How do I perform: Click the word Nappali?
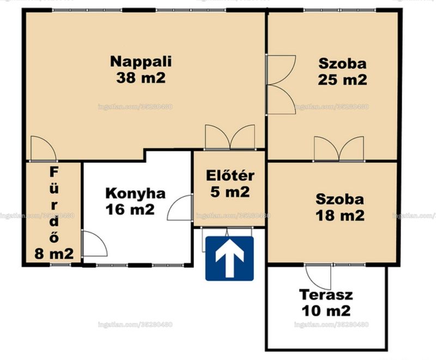coord(141,62)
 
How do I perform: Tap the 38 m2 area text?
coord(141,78)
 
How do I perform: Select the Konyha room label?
coord(135,193)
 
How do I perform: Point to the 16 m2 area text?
coord(130,209)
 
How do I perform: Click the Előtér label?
coord(230,175)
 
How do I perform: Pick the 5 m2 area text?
coord(230,192)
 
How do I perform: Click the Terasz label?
coord(326,295)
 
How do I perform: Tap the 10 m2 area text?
coord(326,311)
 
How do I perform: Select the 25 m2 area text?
coord(342,80)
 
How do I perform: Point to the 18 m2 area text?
coord(340,216)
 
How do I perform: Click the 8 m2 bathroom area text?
coord(54,253)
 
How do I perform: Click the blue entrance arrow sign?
coord(229,258)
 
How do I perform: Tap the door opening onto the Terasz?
coord(318,277)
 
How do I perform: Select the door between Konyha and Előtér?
coord(180,208)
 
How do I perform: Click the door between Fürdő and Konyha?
coord(94,243)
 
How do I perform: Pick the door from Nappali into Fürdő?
coord(44,149)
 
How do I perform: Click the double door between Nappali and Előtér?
coord(230,137)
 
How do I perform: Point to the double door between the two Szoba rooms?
coord(339,149)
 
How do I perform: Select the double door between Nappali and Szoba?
coord(280,85)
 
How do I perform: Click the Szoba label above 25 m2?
coord(342,64)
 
